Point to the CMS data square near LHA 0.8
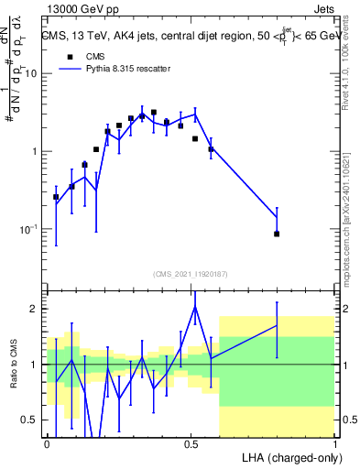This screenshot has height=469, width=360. (x=277, y=234)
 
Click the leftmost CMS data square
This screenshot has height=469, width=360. (x=56, y=197)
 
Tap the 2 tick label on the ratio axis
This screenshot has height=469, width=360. (x=36, y=309)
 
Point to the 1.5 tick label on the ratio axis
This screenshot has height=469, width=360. (x=32, y=336)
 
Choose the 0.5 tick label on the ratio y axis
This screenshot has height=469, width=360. (x=32, y=420)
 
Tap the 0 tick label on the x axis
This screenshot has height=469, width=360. (x=47, y=444)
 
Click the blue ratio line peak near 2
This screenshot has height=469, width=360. (x=195, y=307)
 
